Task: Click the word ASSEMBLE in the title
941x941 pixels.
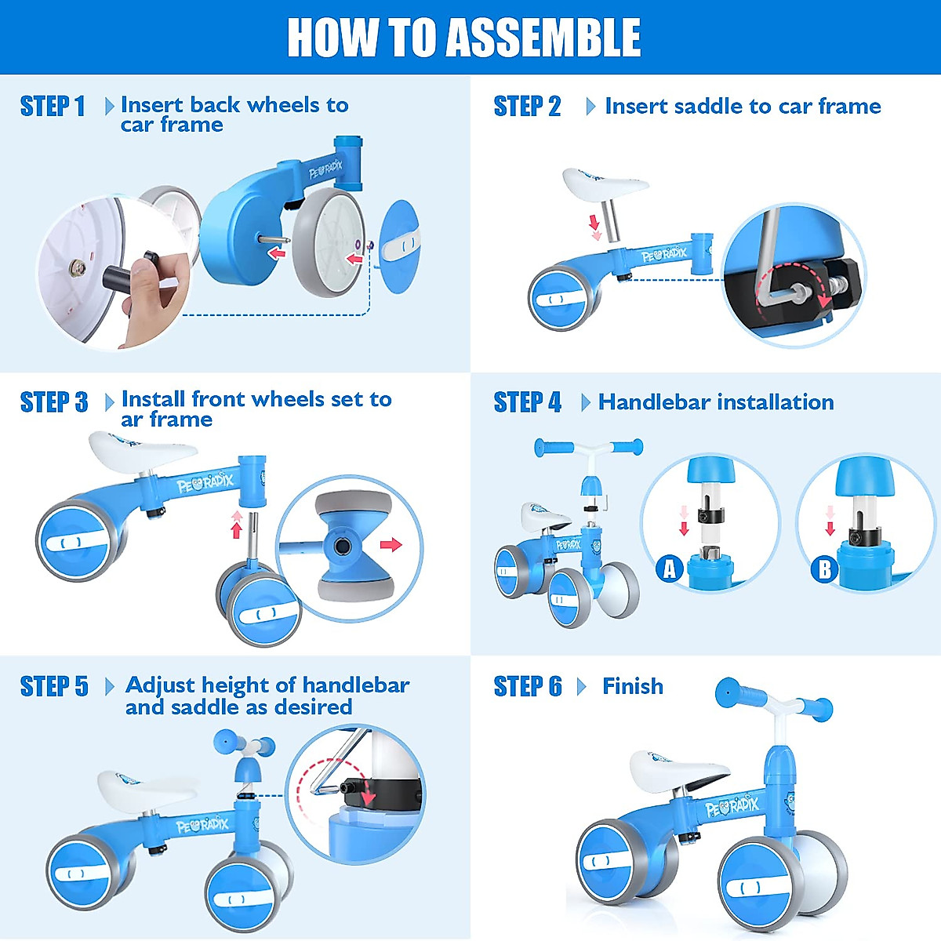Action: (544, 38)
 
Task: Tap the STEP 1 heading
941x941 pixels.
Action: (53, 107)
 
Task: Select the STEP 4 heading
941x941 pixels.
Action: (528, 402)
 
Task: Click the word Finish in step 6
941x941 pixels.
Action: (633, 686)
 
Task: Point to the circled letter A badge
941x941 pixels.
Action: (670, 569)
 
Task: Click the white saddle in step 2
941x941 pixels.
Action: (605, 184)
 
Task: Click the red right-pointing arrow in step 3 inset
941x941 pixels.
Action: (391, 544)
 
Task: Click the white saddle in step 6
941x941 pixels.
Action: (679, 773)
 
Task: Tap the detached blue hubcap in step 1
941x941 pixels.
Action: (400, 246)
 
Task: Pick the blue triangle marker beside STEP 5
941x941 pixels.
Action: (110, 687)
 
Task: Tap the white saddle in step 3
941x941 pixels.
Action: (143, 451)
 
